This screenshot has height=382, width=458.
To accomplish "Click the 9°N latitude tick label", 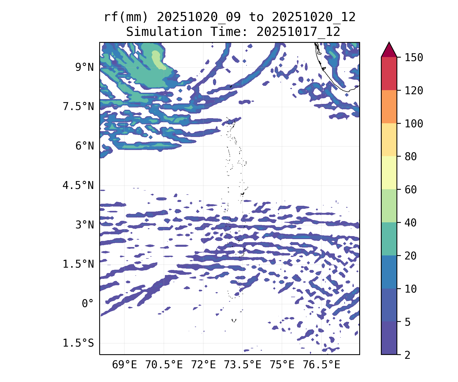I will click(84, 67).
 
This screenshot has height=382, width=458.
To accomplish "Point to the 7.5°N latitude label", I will click(78, 107).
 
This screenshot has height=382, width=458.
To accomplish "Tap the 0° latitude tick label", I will click(88, 304).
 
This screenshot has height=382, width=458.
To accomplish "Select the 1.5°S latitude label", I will click(78, 343).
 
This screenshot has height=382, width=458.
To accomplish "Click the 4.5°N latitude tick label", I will click(78, 185).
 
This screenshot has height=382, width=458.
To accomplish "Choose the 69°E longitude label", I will click(124, 365).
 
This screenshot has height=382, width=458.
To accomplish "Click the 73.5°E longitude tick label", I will click(242, 365).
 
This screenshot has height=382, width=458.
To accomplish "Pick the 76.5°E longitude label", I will click(321, 365).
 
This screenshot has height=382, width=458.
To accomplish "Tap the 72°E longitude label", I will click(203, 365).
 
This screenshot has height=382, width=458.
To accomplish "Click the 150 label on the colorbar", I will click(414, 58).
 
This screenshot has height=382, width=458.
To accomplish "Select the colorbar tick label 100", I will click(414, 124).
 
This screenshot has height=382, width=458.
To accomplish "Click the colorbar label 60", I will click(411, 190).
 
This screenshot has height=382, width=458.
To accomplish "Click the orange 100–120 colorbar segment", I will click(389, 107).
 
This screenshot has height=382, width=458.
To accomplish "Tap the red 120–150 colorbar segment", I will click(389, 74).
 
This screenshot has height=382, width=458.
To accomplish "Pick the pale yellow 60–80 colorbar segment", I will click(389, 173).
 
